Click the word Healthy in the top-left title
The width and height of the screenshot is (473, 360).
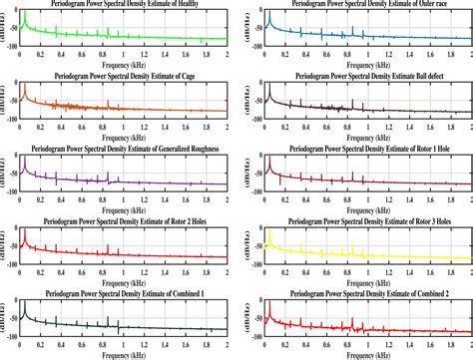[x=196, y=6]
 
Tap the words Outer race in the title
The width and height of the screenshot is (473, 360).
[x=429, y=6]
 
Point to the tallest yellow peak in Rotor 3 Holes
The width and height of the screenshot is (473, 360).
[x=269, y=232]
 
